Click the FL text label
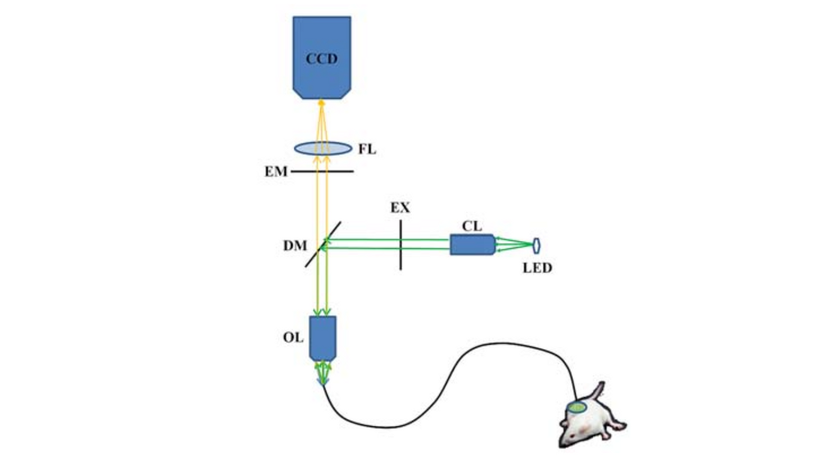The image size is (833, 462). (x=367, y=149)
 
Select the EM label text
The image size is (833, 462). (x=275, y=171)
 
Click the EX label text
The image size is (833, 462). (x=400, y=208)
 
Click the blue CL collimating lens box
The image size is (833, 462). (x=471, y=245)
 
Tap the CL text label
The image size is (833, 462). (x=472, y=226)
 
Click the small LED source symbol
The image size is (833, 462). (x=536, y=245)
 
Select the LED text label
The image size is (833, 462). (x=537, y=268)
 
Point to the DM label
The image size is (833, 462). (x=295, y=245)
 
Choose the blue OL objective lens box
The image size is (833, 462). (x=322, y=337)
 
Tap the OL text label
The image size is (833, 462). (x=293, y=337)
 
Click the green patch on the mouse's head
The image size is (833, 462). (x=577, y=408)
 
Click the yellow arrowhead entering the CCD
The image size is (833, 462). (x=321, y=103)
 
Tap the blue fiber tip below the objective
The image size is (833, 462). (x=322, y=382)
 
